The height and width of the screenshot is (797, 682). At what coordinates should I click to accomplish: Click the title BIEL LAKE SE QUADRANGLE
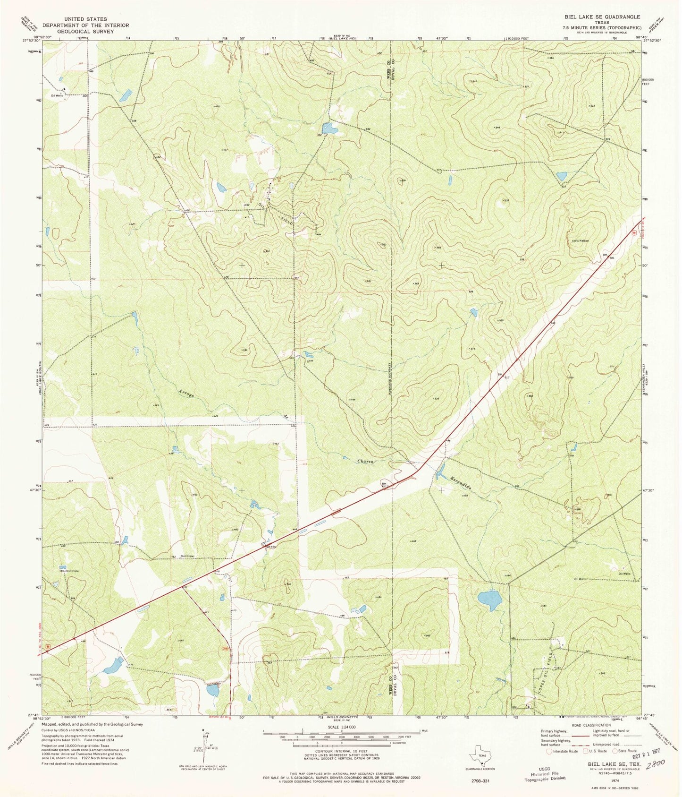(602, 16)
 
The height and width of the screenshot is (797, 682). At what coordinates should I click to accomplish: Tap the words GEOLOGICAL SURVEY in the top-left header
(85, 31)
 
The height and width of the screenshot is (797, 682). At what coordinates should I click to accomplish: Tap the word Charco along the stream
(366, 461)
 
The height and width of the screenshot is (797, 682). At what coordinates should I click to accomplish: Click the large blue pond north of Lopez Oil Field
(489, 600)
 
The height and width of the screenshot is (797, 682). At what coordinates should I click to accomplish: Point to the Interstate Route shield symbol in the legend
(549, 751)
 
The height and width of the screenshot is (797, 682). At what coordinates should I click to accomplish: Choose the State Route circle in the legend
(615, 751)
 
